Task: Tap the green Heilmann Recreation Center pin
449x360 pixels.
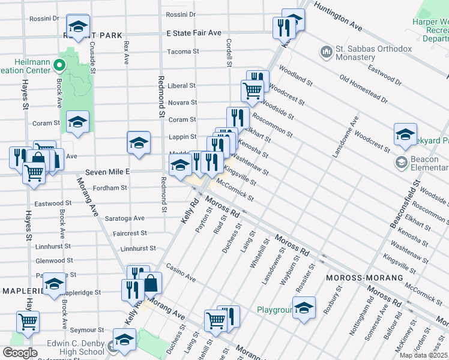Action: pyautogui.click(x=59, y=65)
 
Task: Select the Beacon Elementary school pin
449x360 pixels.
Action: pyautogui.click(x=401, y=162)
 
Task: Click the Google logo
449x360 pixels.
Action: pyautogui.click(x=20, y=353)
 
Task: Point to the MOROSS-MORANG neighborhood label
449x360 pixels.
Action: pyautogui.click(x=364, y=278)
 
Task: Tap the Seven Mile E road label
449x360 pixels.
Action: pyautogui.click(x=108, y=172)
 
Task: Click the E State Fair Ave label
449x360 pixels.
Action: pyautogui.click(x=194, y=32)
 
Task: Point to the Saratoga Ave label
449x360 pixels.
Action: pyautogui.click(x=124, y=218)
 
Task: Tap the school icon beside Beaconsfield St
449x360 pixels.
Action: pyautogui.click(x=405, y=134)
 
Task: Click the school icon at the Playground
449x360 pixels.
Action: pyautogui.click(x=304, y=307)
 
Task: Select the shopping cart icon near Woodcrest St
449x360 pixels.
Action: pyautogui.click(x=252, y=91)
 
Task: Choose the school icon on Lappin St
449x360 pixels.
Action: pyautogui.click(x=139, y=143)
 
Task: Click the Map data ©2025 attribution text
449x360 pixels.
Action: pyautogui.click(x=423, y=355)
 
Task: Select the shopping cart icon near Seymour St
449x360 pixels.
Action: pyautogui.click(x=28, y=322)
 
